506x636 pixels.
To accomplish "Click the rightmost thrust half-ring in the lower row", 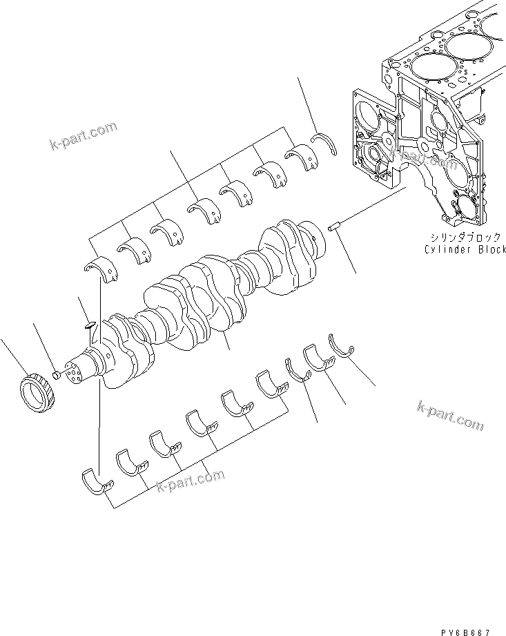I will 342,344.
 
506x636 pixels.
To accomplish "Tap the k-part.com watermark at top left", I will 82,135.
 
